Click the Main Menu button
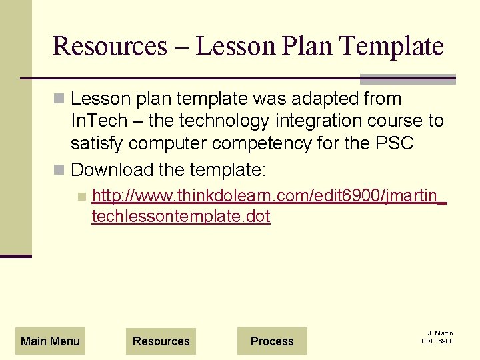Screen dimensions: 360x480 (x=50, y=341)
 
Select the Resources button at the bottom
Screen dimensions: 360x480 (x=161, y=341)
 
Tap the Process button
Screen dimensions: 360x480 (x=272, y=341)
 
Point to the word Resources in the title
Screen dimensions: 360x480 (x=109, y=46)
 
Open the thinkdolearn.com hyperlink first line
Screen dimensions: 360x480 (x=269, y=196)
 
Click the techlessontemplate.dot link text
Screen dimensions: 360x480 (x=181, y=217)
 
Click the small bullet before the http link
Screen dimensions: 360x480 (x=81, y=197)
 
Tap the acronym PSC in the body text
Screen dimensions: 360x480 (x=399, y=143)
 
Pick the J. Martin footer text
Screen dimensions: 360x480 (x=440, y=333)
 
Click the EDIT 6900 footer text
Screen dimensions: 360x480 (x=437, y=341)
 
